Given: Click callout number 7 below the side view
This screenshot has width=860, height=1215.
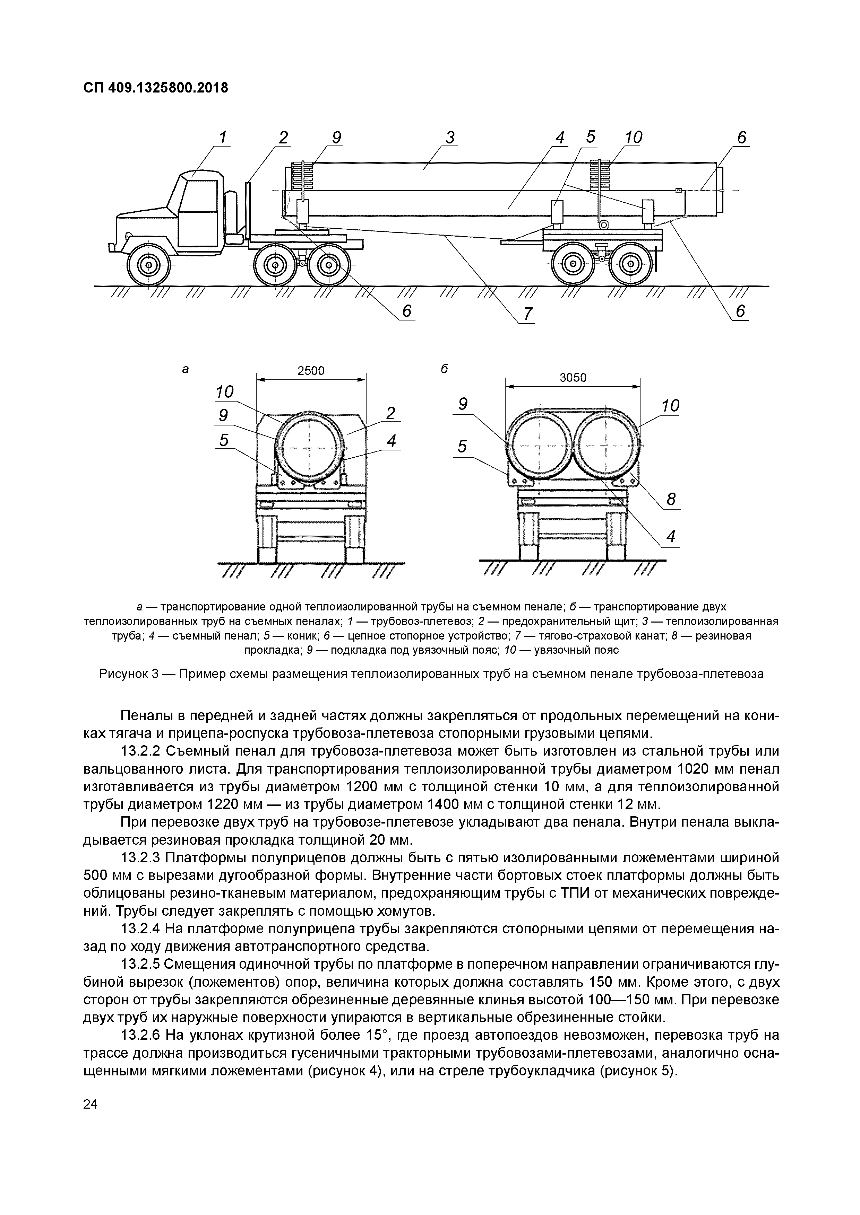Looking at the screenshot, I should (x=527, y=314).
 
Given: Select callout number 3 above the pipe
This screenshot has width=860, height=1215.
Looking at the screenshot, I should (x=450, y=138).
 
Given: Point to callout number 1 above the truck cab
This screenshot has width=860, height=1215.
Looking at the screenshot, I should (x=222, y=138).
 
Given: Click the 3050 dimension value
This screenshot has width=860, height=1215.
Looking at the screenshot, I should (x=573, y=377).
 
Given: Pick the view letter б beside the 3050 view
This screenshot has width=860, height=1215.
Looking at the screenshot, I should (x=444, y=369).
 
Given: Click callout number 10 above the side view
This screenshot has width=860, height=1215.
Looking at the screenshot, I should (x=633, y=138).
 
